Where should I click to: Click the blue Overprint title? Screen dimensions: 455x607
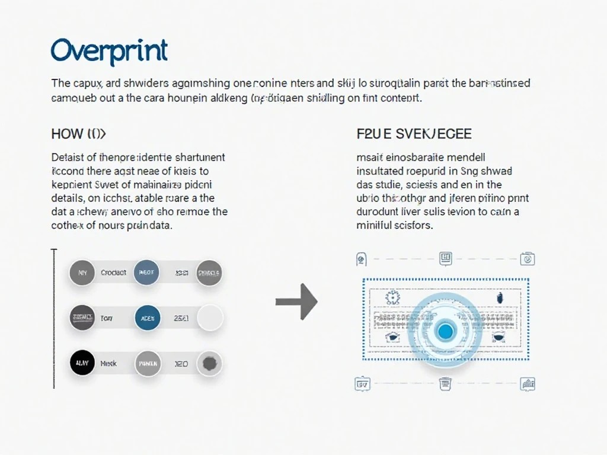pyautogui.click(x=109, y=51)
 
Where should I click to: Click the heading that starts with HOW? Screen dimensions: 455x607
pyautogui.click(x=78, y=134)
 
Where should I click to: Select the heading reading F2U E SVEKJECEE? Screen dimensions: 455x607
pyautogui.click(x=414, y=134)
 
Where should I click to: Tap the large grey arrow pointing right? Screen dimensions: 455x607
pyautogui.click(x=297, y=302)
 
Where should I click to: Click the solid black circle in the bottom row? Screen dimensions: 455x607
pyautogui.click(x=82, y=363)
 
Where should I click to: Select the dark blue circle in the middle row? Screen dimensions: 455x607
pyautogui.click(x=148, y=318)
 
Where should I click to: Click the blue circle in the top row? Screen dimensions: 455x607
pyautogui.click(x=146, y=273)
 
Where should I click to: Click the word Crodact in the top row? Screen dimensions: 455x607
pyautogui.click(x=113, y=273)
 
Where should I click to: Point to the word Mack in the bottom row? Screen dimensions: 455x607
pyautogui.click(x=108, y=363)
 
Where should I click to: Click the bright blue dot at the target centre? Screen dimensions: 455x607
pyautogui.click(x=445, y=330)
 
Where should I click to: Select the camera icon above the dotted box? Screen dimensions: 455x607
pyautogui.click(x=527, y=259)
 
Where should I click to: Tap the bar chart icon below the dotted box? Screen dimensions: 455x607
pyautogui.click(x=527, y=384)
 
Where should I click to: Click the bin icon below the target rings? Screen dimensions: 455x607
pyautogui.click(x=445, y=384)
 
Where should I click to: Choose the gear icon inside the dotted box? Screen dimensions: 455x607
pyautogui.click(x=392, y=297)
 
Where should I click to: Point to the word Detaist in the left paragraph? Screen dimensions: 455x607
pyautogui.click(x=67, y=158)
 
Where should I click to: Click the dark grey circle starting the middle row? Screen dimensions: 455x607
pyautogui.click(x=82, y=318)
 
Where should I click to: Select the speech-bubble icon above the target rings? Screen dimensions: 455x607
pyautogui.click(x=446, y=258)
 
